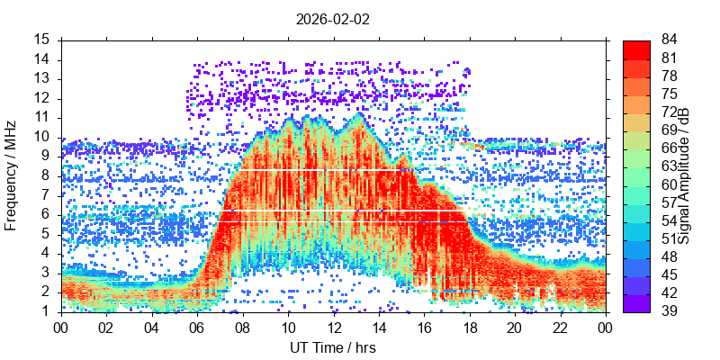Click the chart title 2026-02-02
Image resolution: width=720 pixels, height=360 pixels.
[333, 18]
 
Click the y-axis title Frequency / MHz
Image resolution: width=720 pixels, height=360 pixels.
[12, 175]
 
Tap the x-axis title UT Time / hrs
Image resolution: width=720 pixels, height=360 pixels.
[333, 347]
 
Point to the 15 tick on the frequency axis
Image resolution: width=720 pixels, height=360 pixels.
[42, 40]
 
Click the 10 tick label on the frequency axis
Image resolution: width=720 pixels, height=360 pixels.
[42, 137]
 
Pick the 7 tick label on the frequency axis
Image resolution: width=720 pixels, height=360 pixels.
[46, 195]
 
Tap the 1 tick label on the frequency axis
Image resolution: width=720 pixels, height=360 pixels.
[46, 311]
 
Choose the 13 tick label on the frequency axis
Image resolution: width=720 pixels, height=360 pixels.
[42, 78]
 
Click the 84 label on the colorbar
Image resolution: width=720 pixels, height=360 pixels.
[670, 40]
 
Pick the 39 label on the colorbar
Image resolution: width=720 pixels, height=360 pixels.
[670, 311]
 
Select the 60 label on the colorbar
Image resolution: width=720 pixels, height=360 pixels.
[670, 184]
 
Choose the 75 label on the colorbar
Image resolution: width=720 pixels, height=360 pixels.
[670, 94]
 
